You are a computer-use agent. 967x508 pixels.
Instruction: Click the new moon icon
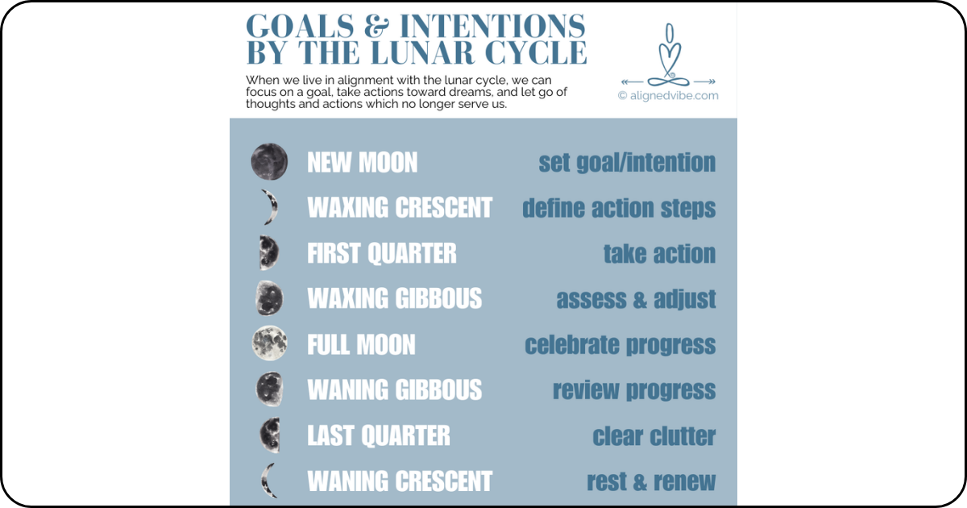tap(268, 162)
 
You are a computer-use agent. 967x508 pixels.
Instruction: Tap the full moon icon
tap(268, 344)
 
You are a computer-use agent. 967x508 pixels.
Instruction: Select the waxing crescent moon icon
tap(269, 207)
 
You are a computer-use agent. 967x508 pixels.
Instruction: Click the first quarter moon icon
tap(268, 252)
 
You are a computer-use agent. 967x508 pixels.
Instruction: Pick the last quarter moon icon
tap(269, 435)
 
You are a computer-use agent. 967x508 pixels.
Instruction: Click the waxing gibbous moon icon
tap(268, 298)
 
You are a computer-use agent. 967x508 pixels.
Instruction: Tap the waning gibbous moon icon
tap(269, 389)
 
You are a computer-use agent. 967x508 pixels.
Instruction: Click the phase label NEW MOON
tap(362, 163)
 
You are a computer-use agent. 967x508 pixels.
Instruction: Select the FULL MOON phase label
tap(361, 345)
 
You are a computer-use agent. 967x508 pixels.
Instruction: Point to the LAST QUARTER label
tap(379, 436)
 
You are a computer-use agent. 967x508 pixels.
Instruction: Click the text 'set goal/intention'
tap(627, 163)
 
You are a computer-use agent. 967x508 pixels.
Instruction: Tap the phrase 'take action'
tap(659, 254)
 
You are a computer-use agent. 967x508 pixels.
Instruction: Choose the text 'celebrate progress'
tap(620, 345)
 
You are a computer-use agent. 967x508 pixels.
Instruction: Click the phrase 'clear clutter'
tap(654, 436)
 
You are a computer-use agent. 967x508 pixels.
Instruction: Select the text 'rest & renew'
tap(650, 482)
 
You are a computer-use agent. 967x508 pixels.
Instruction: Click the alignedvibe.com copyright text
tap(668, 95)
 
